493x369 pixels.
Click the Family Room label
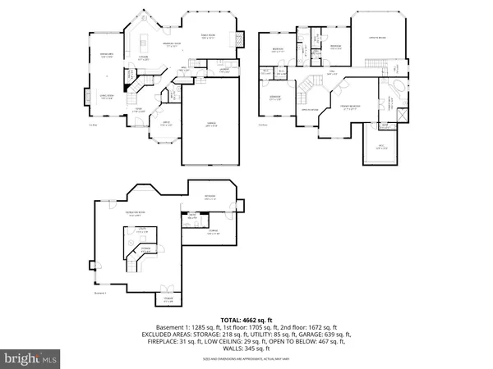pos(208,36)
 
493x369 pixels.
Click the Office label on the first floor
pos(164,125)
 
